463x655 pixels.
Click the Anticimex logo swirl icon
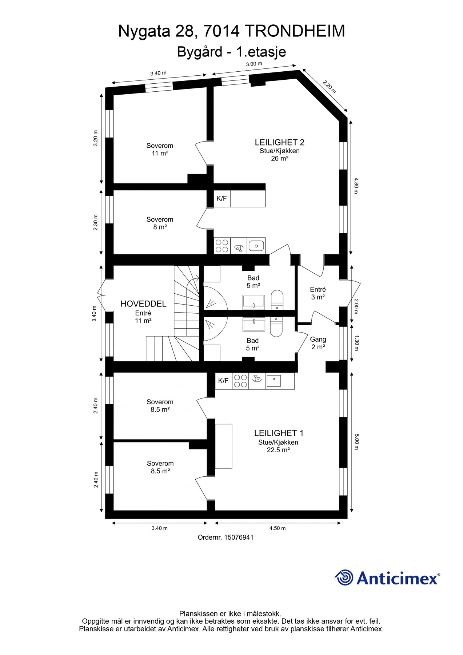344,577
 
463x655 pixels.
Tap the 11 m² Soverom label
160,150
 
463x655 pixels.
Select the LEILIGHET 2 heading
279,142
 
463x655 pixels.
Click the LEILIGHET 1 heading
279,433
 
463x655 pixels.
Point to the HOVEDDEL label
143,304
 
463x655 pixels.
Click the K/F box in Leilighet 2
221,198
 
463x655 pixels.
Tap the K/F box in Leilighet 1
223,381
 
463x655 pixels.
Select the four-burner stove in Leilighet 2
221,246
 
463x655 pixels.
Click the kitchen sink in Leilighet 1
274,381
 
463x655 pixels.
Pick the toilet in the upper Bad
277,300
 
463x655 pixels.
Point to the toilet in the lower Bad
276,326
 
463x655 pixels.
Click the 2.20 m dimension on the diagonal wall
329,87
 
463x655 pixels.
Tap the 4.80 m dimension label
356,186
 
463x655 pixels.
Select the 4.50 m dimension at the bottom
278,528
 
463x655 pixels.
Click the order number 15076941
239,537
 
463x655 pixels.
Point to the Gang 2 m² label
318,343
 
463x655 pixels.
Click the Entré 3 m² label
318,293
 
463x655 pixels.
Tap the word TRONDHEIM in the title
295,31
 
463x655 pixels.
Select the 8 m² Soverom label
160,223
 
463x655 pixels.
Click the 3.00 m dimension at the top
254,64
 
